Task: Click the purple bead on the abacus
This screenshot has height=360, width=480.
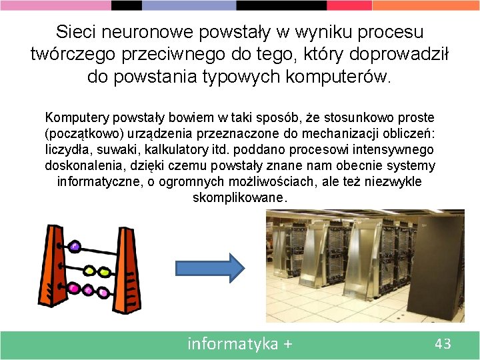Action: (74, 247)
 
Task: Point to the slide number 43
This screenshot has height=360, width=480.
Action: (443, 344)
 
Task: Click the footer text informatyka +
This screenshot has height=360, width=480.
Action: (240, 344)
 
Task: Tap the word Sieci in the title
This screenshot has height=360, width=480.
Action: (76, 32)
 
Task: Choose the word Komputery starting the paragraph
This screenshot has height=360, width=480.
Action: (75, 118)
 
